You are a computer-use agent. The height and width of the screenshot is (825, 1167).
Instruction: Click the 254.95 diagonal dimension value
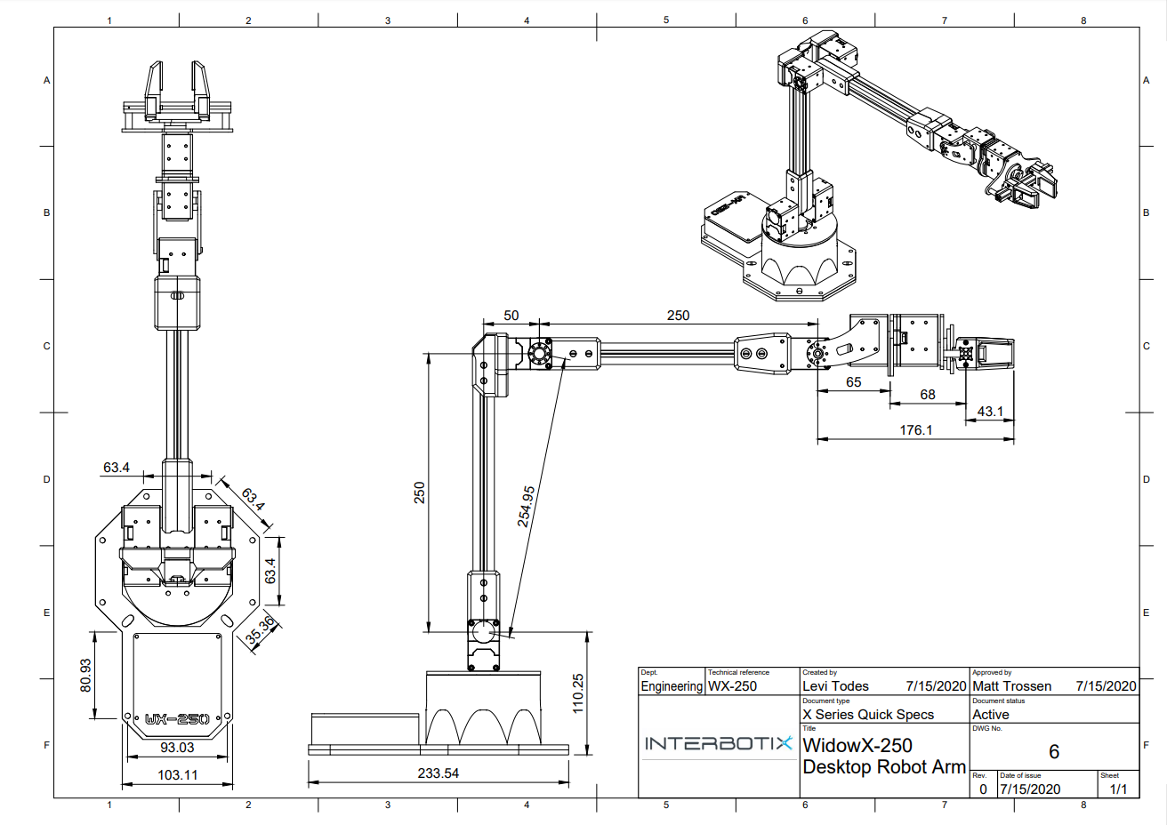point(527,506)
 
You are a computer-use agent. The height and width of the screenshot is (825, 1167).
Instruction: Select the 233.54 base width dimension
point(439,773)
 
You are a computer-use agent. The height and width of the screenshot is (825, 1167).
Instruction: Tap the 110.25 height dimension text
point(578,693)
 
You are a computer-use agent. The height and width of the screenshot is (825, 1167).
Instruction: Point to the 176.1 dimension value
point(916,430)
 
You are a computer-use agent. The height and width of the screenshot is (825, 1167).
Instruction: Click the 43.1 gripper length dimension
point(990,412)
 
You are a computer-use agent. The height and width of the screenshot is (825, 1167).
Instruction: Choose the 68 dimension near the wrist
point(928,395)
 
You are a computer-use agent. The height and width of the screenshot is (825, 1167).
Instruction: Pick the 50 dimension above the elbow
point(511,316)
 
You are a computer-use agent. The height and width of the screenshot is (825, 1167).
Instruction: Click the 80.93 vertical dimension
point(85,676)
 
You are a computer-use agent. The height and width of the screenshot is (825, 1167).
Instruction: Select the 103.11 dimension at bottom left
point(178,775)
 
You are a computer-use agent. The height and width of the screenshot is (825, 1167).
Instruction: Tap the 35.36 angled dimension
point(261,630)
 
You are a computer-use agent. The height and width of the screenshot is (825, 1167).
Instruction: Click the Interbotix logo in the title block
point(718,743)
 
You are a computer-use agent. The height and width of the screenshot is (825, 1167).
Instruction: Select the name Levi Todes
point(835,686)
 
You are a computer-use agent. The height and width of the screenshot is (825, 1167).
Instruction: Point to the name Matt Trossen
point(1011,686)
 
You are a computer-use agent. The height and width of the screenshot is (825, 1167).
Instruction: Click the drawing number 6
point(1054,752)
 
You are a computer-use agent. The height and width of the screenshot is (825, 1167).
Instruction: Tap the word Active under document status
point(991,715)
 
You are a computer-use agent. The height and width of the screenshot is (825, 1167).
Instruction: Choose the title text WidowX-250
point(857,746)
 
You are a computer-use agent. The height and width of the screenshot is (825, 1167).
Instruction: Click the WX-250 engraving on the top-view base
point(177,719)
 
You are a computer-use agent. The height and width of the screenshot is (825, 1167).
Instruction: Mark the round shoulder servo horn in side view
point(484,632)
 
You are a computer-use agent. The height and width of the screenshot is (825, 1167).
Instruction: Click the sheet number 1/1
point(1118,789)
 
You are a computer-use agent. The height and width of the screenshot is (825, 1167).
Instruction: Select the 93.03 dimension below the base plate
point(177,748)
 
